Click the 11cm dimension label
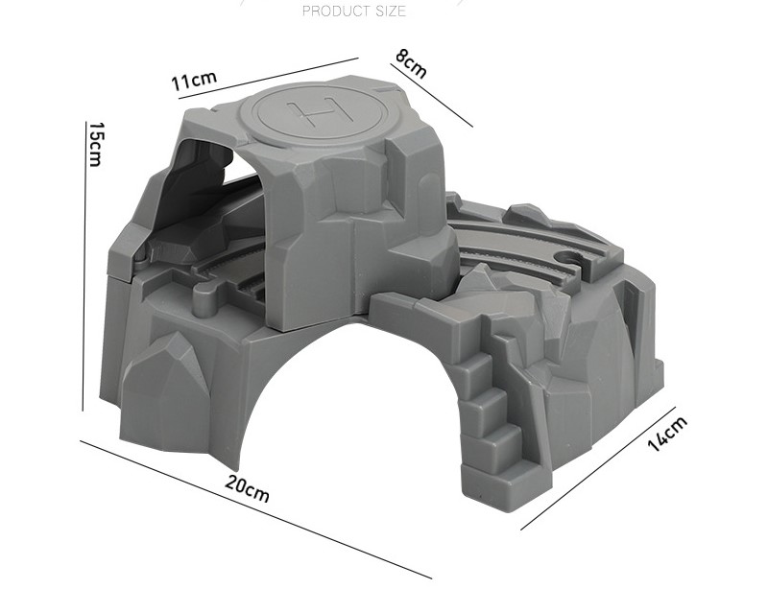[x=194, y=81]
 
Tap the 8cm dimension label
[x=411, y=63]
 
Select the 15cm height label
[x=94, y=144]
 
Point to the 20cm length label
[x=248, y=488]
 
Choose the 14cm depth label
[x=667, y=434]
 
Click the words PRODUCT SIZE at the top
[x=354, y=11]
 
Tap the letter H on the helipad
[x=321, y=111]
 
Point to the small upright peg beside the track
[x=204, y=299]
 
